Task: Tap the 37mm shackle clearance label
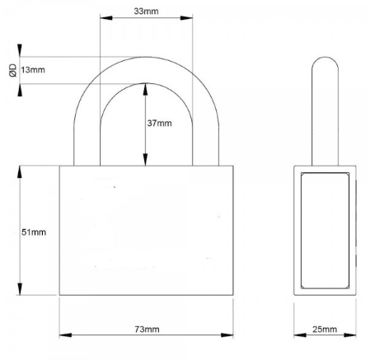coord(159,124)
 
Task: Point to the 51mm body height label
coord(33,233)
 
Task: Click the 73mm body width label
coord(146,330)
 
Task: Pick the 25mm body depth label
coord(325,330)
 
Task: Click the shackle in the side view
coord(325,107)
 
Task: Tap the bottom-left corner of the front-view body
coord(60,296)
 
